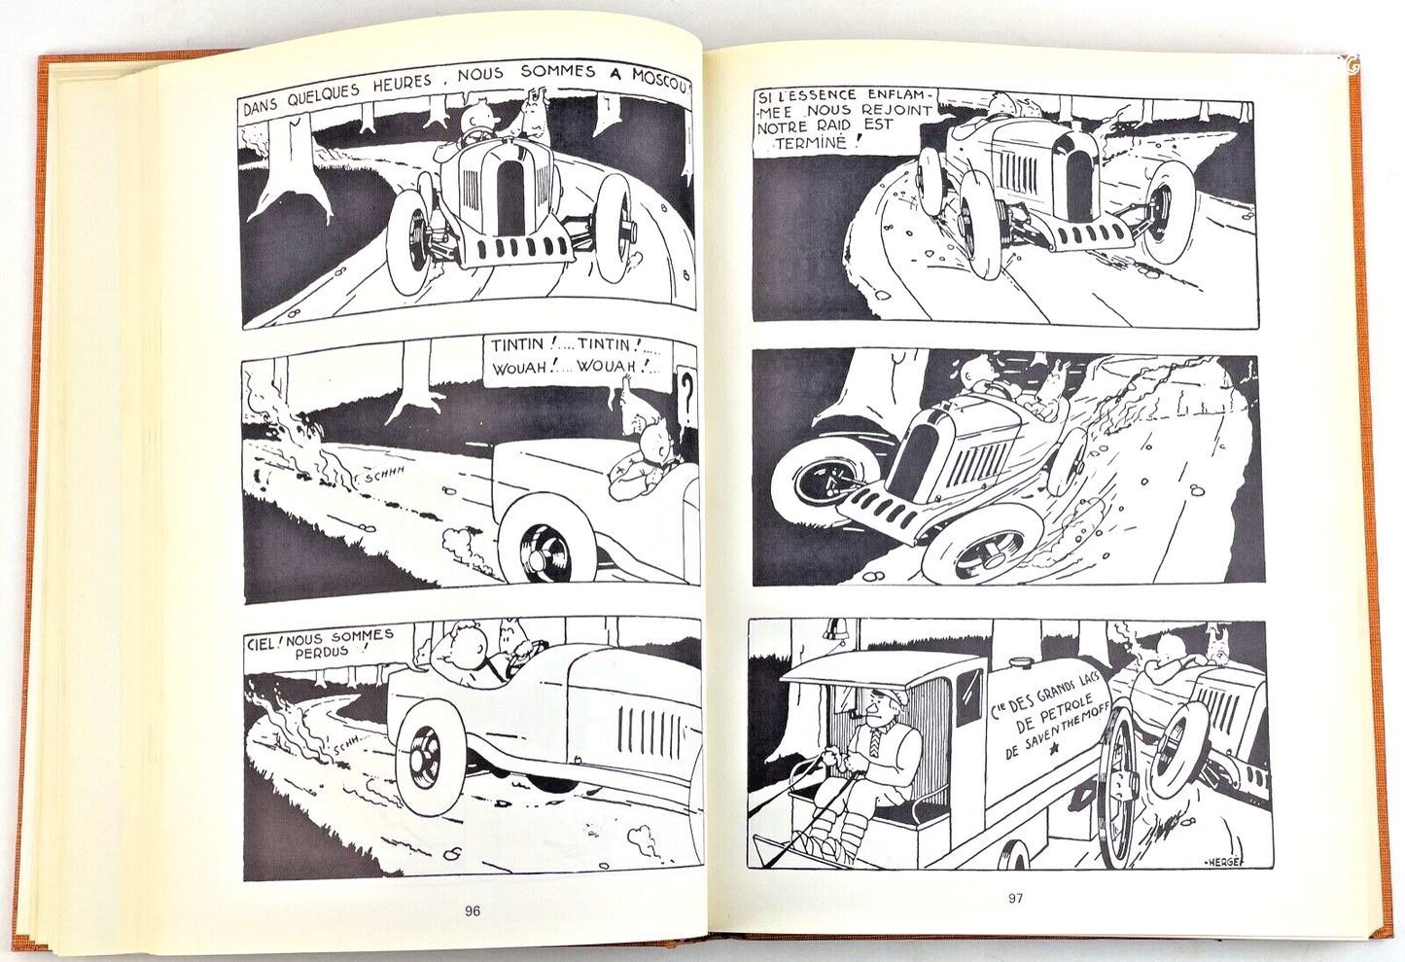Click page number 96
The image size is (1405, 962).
point(472,911)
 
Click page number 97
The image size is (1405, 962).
point(1015,898)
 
